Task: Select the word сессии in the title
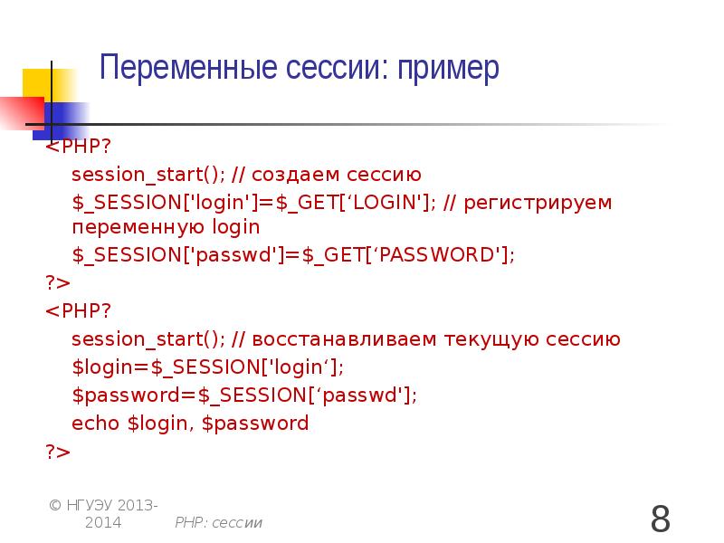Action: [x=333, y=68]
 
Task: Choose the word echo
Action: [x=95, y=423]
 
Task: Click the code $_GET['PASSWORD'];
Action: [x=408, y=256]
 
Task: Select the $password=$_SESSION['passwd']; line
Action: [x=244, y=395]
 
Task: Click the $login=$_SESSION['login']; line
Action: [x=208, y=367]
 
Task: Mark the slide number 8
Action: [x=661, y=519]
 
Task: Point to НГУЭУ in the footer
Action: [x=90, y=504]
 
